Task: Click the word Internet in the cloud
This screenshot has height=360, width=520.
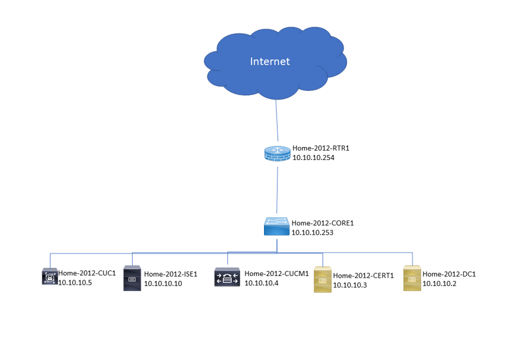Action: click(270, 62)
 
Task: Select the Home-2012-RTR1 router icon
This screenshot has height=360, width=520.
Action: click(278, 154)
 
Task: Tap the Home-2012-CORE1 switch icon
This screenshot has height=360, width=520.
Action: click(277, 226)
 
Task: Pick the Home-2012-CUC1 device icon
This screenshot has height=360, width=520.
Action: click(50, 277)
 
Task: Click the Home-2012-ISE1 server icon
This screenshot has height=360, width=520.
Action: click(132, 278)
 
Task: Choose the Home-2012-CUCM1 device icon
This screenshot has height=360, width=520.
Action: click(227, 277)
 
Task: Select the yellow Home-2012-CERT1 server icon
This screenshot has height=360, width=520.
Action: click(323, 280)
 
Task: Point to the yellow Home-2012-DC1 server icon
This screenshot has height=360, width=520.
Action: click(412, 278)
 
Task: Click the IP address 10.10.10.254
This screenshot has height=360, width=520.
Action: click(313, 158)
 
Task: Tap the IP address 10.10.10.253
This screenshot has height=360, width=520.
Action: click(313, 232)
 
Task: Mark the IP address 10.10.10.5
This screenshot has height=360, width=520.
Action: click(75, 283)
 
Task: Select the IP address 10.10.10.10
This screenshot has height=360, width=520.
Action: click(163, 283)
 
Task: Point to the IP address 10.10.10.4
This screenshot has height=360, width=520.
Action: click(262, 283)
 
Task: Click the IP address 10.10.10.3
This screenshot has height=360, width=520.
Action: click(350, 285)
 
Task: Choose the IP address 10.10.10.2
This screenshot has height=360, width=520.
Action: click(440, 283)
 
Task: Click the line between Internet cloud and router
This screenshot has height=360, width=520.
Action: click(277, 121)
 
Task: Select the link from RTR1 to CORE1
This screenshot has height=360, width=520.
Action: click(277, 190)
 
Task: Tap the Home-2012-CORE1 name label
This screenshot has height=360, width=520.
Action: click(323, 224)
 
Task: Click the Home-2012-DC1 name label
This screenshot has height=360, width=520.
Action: click(449, 274)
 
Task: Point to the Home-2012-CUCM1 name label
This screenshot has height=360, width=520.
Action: click(277, 273)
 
